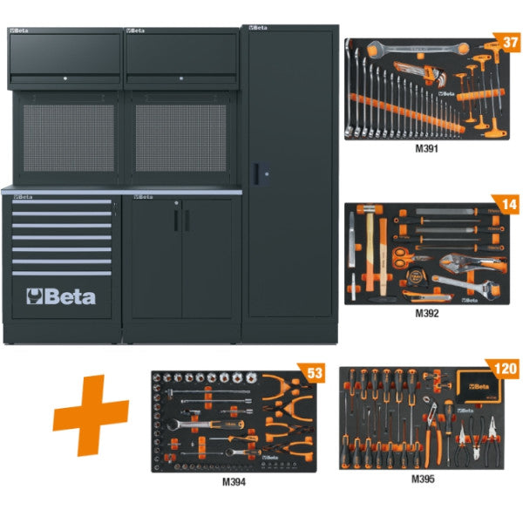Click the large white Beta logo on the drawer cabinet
[62, 295]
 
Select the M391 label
[425, 148]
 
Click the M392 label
[425, 311]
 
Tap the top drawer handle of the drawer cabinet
[61, 202]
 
